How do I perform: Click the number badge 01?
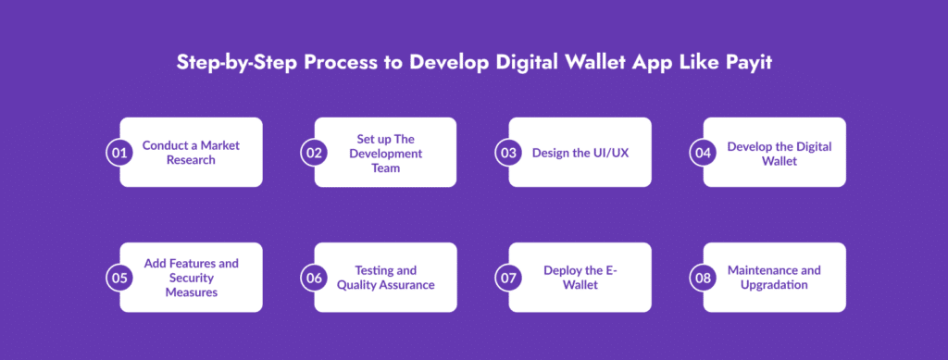pyautogui.click(x=119, y=153)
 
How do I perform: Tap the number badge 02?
pyautogui.click(x=314, y=153)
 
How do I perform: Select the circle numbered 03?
pyautogui.click(x=508, y=153)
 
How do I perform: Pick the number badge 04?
pyautogui.click(x=703, y=153)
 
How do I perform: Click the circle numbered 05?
pyautogui.click(x=119, y=278)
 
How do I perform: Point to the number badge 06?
pyautogui.click(x=314, y=278)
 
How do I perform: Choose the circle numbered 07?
pyautogui.click(x=508, y=278)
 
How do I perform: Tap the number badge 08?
pyautogui.click(x=703, y=278)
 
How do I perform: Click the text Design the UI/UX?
pyautogui.click(x=580, y=153)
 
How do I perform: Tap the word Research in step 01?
pyautogui.click(x=191, y=161)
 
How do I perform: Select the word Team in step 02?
pyautogui.click(x=386, y=168)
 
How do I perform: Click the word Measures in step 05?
pyautogui.click(x=191, y=292)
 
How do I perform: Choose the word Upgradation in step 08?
pyautogui.click(x=775, y=285)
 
